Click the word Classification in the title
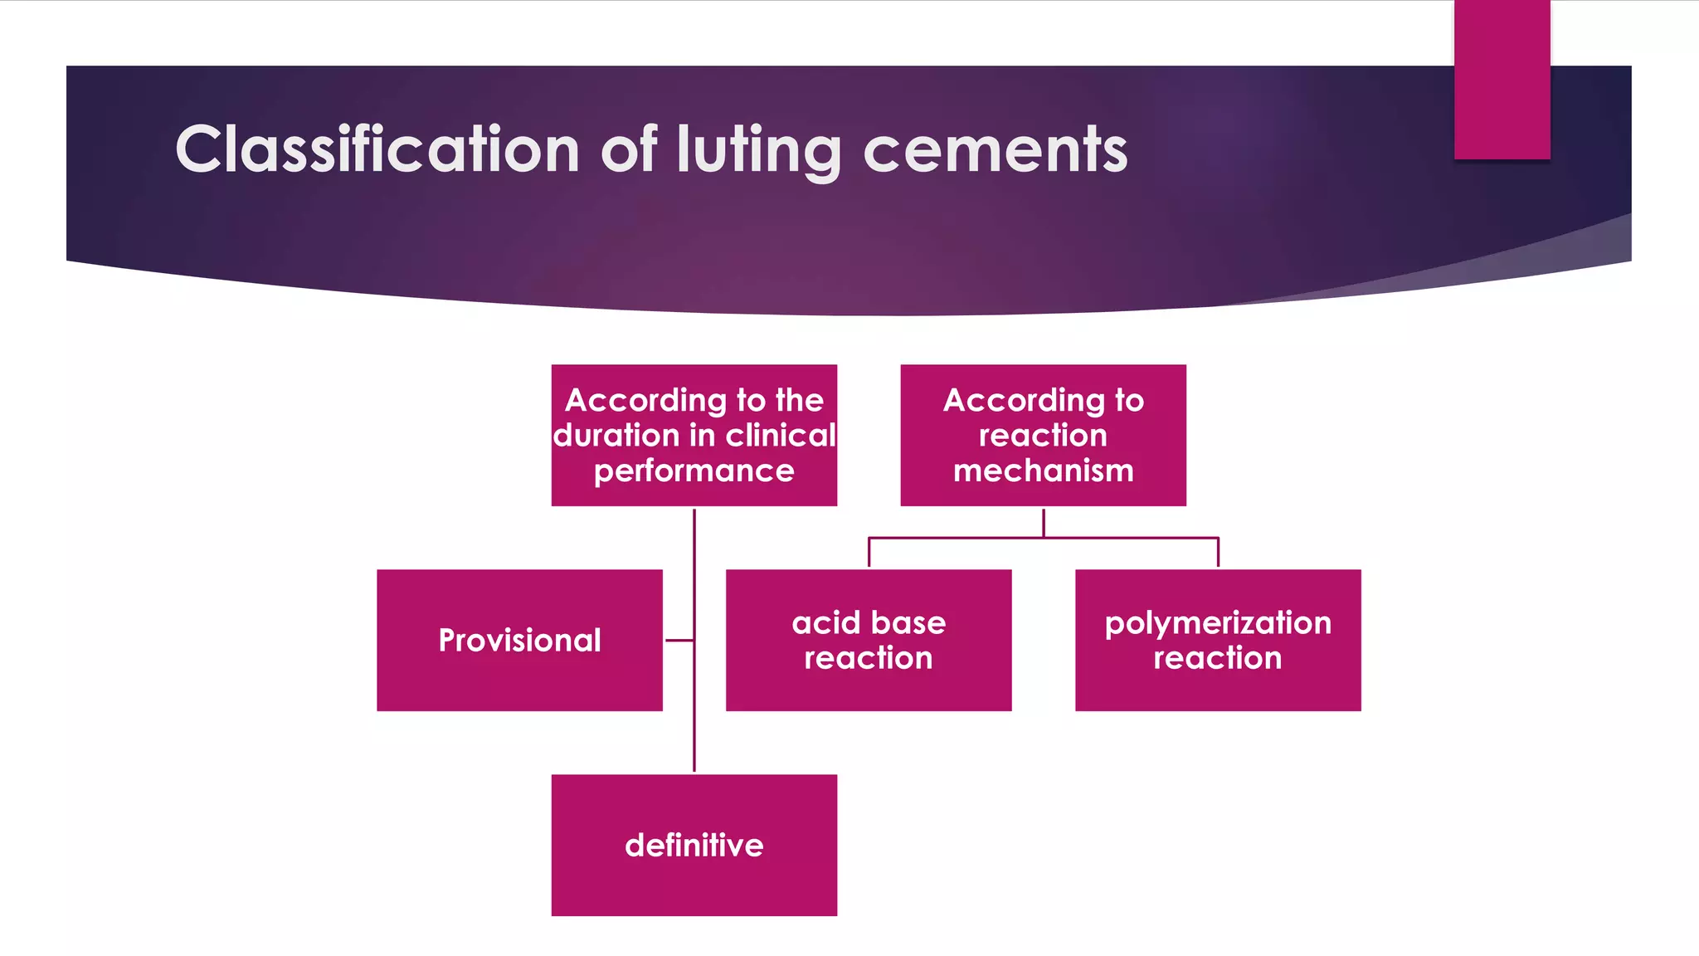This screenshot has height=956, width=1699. [377, 149]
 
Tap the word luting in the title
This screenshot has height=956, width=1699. [759, 151]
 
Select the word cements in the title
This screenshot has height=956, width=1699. [995, 151]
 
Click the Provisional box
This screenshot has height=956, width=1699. [519, 640]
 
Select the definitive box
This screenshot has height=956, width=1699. [694, 845]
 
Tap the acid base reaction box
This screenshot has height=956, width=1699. [868, 640]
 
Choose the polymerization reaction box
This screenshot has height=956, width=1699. [1217, 640]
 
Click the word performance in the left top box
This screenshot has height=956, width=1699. [694, 471]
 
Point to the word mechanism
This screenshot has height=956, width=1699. [1043, 471]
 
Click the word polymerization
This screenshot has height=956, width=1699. [1217, 623]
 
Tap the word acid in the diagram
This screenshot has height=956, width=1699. [822, 622]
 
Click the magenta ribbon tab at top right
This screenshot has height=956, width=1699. [1502, 79]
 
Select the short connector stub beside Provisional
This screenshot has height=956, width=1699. [679, 640]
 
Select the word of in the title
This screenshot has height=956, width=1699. [629, 149]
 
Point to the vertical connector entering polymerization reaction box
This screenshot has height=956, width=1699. [1217, 553]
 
